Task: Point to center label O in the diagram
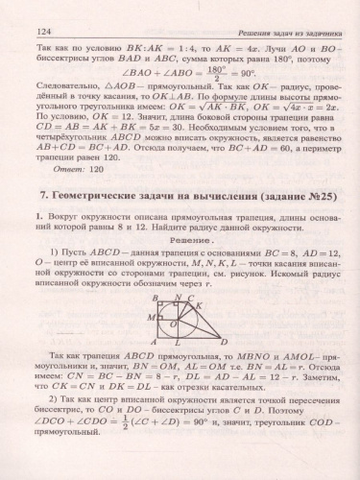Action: [x=174, y=324]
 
